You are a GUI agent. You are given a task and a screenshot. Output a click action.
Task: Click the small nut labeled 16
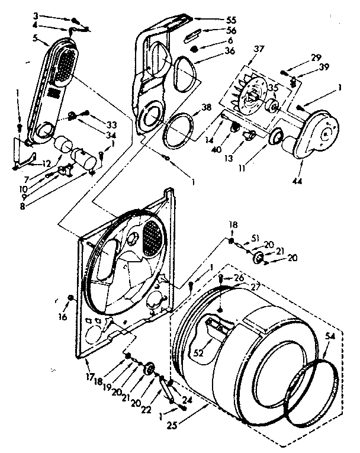tap(71, 296)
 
